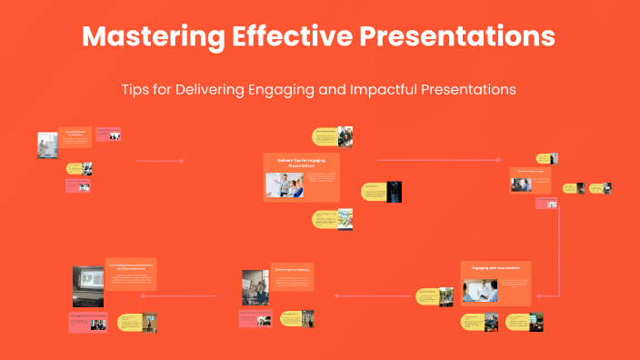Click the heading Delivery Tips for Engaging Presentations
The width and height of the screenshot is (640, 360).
tap(301, 164)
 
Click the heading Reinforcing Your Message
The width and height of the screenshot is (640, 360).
tap(293, 270)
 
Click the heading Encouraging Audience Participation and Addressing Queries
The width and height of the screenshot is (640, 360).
tap(131, 265)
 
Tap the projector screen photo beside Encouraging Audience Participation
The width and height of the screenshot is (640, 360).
tap(87, 285)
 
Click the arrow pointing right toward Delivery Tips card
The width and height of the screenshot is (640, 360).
tap(160, 161)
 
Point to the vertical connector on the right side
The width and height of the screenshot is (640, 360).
tap(558, 245)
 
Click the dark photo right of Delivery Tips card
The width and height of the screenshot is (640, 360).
tap(394, 192)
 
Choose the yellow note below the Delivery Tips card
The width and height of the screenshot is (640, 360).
tap(325, 218)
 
